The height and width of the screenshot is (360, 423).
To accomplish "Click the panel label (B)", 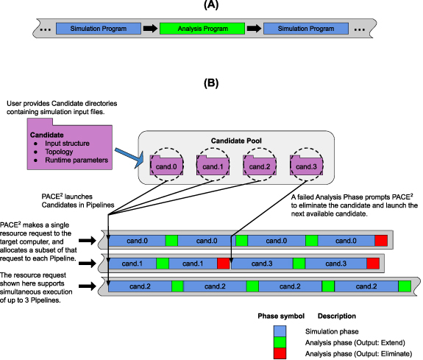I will [x=210, y=84].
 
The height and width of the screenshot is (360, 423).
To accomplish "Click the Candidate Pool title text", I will [x=236, y=140].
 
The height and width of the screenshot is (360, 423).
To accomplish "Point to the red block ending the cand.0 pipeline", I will [x=380, y=241].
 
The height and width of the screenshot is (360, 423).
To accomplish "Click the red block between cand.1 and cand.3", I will [x=224, y=263].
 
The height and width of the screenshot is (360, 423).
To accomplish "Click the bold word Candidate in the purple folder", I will [x=47, y=135].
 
